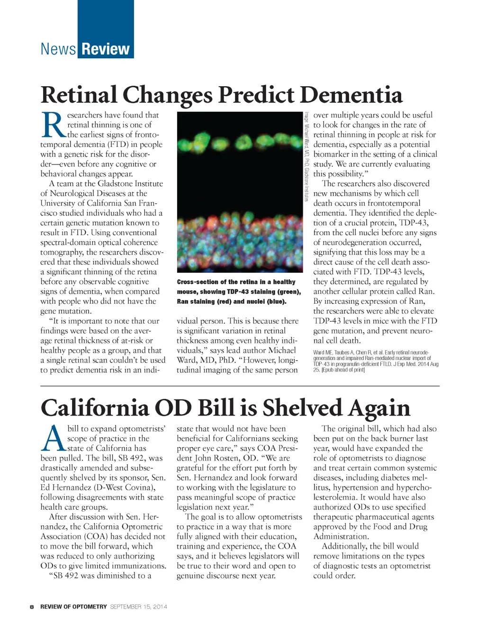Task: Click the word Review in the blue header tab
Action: click(x=106, y=49)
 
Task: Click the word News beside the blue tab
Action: click(x=58, y=49)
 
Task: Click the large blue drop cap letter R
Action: click(x=53, y=125)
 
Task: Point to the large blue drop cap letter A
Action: click(x=53, y=438)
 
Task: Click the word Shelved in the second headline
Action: click(x=302, y=407)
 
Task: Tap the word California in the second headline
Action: click(x=95, y=407)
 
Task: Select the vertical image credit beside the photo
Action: click(x=307, y=156)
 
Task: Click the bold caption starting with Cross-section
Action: click(x=239, y=291)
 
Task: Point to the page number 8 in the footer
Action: click(x=31, y=606)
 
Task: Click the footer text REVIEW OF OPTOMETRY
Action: click(x=73, y=606)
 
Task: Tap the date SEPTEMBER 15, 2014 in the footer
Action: click(x=138, y=606)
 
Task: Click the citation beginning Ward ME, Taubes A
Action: click(x=376, y=361)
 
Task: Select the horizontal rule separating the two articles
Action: click(x=240, y=386)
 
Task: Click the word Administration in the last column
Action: click(x=341, y=536)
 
